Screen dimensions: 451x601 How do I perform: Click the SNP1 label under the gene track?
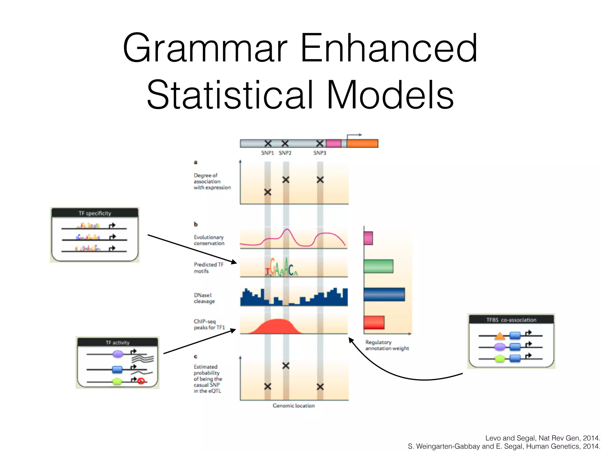pos(267,153)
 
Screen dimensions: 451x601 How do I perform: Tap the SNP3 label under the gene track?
pos(320,153)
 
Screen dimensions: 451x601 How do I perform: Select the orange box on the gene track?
pos(362,144)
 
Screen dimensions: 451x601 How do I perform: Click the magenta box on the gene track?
pos(333,144)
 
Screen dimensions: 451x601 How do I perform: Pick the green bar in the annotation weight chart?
pos(378,266)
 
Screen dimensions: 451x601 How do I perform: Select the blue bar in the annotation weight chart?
pos(384,294)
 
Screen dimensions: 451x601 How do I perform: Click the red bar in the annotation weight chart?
pos(374,322)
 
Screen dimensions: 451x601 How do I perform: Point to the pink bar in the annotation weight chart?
pos(368,238)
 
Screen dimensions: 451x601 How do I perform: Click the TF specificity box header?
pos(95,213)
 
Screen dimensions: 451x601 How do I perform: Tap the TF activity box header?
pos(117,342)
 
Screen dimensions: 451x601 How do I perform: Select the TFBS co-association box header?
pos(511,320)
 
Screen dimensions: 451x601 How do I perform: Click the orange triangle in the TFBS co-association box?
pos(500,335)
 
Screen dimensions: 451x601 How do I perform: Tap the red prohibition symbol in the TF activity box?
pos(141,381)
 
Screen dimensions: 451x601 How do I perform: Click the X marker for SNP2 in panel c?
pos(286,366)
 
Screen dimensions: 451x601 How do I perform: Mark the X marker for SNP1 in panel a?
pos(267,192)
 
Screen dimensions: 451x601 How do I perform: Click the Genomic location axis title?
pos(293,405)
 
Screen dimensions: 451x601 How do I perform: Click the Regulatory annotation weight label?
pos(387,345)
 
